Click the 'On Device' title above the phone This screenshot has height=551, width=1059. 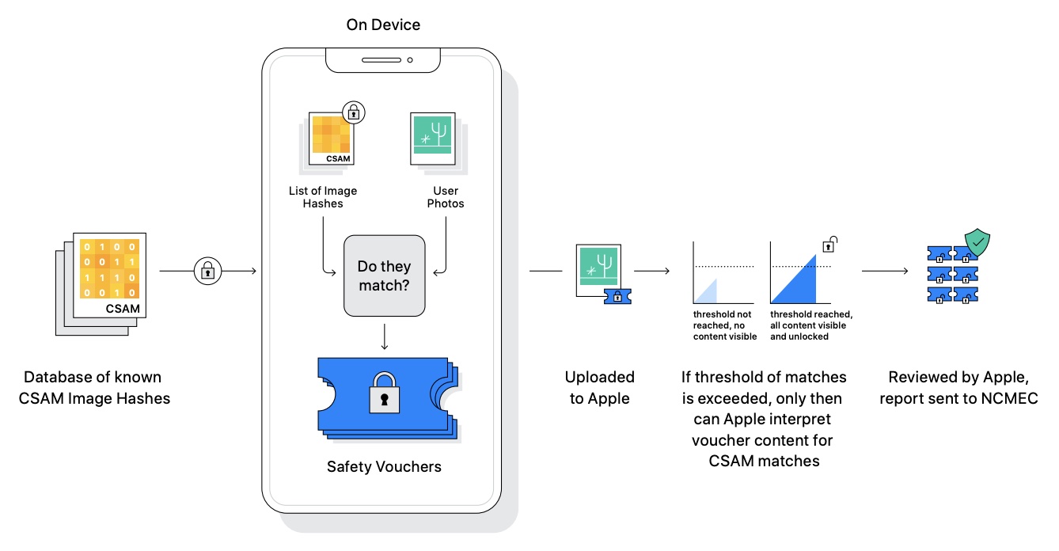[383, 25]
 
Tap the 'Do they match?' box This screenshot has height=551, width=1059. [384, 274]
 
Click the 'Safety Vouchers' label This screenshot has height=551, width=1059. [384, 466]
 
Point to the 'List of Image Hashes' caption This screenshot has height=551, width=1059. [322, 197]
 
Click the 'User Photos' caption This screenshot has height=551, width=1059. [446, 197]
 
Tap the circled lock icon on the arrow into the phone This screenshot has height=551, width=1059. [207, 272]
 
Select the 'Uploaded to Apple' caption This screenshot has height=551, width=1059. [599, 387]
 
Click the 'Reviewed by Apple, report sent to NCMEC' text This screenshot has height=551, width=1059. [958, 387]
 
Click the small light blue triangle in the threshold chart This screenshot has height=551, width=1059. [708, 292]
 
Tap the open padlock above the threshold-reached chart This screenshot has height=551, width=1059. [831, 245]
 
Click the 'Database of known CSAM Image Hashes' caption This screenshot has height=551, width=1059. [94, 387]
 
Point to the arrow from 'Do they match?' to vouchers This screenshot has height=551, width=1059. [384, 336]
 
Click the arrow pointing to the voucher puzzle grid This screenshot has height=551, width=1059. [885, 272]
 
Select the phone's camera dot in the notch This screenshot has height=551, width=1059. [410, 60]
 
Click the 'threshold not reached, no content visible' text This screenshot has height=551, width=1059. [724, 325]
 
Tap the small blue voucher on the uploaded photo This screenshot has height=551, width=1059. [617, 296]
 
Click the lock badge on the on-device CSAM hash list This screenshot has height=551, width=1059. [351, 113]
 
